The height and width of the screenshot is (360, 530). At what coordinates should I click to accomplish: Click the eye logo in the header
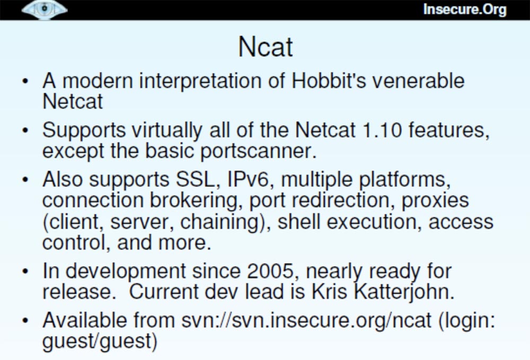45,10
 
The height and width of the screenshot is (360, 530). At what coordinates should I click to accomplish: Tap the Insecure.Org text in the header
465,10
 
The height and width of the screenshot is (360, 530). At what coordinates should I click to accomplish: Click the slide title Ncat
266,47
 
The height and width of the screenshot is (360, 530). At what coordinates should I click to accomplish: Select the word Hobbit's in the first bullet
329,81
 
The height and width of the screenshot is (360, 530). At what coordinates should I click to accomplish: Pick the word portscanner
259,151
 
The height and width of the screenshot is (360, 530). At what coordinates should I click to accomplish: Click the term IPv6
249,179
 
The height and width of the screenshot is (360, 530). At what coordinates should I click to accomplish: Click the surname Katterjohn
404,292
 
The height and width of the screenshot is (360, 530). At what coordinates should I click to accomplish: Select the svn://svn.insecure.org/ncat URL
306,320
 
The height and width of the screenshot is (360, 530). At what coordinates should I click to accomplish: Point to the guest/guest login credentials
100,341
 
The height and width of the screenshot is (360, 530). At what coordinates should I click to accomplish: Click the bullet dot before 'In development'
25,271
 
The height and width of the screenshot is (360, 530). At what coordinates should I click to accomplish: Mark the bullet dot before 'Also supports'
25,179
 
